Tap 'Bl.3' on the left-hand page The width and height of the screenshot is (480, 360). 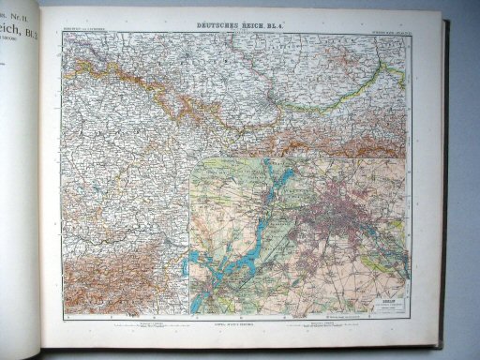pyautogui.click(x=28, y=37)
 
